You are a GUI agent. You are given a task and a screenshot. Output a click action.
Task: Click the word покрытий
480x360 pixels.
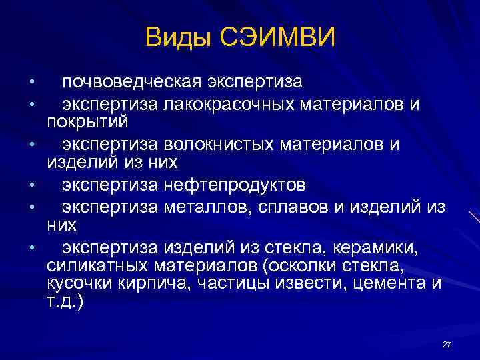pyautogui.click(x=87, y=123)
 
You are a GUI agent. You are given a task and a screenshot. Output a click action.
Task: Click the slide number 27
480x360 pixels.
pyautogui.click(x=447, y=344)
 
